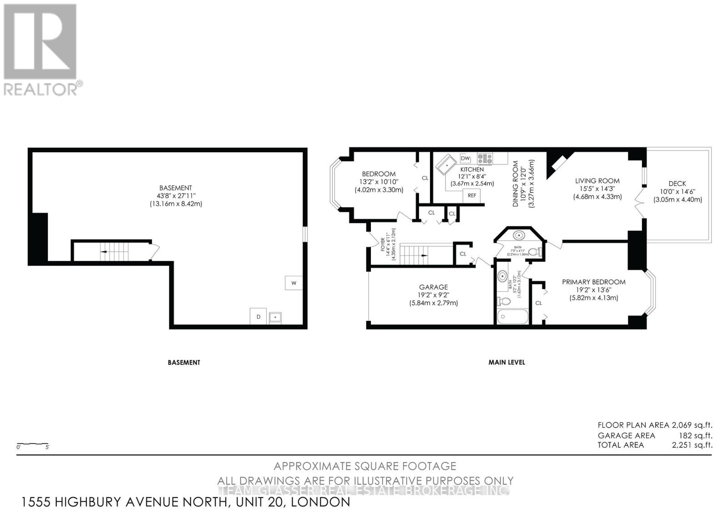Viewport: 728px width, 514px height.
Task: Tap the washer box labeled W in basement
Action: (x=293, y=283)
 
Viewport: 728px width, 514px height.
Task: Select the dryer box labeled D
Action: (x=258, y=317)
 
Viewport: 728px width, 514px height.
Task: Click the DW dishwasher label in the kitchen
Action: (x=465, y=158)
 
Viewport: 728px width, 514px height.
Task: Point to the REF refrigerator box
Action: (x=472, y=195)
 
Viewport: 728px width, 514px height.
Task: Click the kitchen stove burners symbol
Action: (x=485, y=158)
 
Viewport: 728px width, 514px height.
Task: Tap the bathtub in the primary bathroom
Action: (x=512, y=317)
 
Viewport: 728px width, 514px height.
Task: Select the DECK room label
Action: (x=677, y=184)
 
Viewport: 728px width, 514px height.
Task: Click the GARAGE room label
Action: (x=433, y=287)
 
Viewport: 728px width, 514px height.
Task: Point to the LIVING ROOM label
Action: (x=597, y=180)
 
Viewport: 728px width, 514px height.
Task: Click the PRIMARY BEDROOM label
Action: (x=593, y=282)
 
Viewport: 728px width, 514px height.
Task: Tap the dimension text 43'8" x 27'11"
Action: (x=176, y=196)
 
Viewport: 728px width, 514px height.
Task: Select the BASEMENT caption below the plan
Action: (x=184, y=362)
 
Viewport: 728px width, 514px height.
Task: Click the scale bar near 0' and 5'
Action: (x=33, y=444)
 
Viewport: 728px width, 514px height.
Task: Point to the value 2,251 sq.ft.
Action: (x=692, y=445)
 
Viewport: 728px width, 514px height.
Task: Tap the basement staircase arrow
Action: (x=104, y=251)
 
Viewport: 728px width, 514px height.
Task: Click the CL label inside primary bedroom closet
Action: (x=538, y=303)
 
